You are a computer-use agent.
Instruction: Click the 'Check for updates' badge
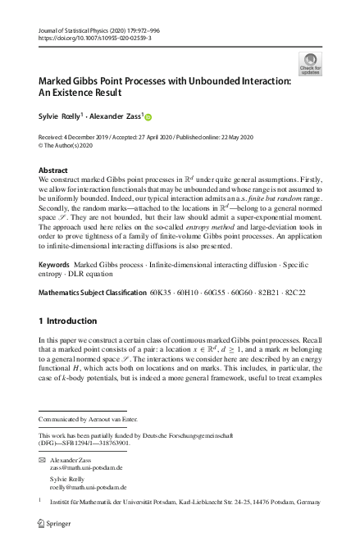[311, 63]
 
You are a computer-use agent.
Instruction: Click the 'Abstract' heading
[53, 170]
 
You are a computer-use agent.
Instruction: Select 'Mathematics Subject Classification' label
[91, 291]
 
